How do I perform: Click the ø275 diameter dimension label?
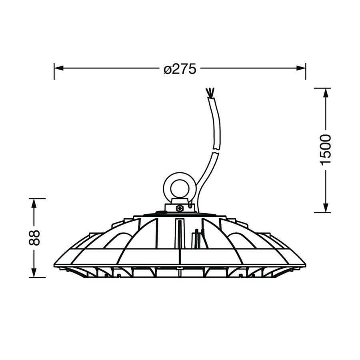(x=180, y=68)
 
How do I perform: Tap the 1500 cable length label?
(x=326, y=150)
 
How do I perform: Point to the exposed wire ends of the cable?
(x=210, y=92)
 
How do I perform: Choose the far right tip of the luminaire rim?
(x=305, y=264)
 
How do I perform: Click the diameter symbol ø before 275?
(x=168, y=69)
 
